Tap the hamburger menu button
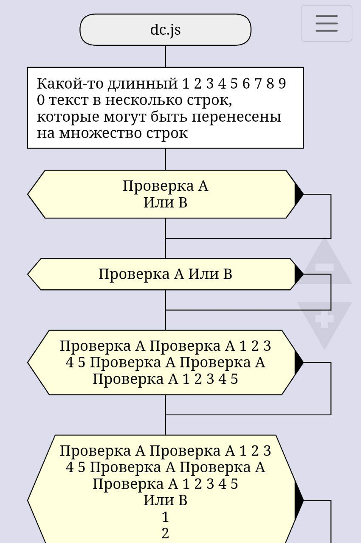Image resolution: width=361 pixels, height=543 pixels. coord(326,24)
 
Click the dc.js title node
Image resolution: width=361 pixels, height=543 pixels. coord(165,30)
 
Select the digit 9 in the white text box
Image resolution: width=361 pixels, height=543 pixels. coord(282,84)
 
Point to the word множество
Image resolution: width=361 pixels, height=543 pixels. coord(100,133)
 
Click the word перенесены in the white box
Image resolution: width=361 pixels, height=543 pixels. coord(237,117)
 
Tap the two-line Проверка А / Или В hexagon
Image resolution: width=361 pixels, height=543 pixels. coord(165,194)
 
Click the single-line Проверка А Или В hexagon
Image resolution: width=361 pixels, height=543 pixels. coord(165,274)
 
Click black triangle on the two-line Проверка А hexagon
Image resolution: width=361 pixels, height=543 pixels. coord(299,194)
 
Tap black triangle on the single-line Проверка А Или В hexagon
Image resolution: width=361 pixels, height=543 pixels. coord(299,274)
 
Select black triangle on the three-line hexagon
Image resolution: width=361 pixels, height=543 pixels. coord(299,362)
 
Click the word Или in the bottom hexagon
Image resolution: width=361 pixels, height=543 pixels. coord(155,501)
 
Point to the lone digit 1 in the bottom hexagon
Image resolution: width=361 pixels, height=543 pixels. coord(165,517)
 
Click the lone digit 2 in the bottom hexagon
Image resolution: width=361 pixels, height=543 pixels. coord(165,533)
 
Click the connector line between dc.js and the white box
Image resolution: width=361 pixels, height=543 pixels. coord(165,56)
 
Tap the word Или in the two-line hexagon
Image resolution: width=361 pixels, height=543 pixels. coord(155,202)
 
